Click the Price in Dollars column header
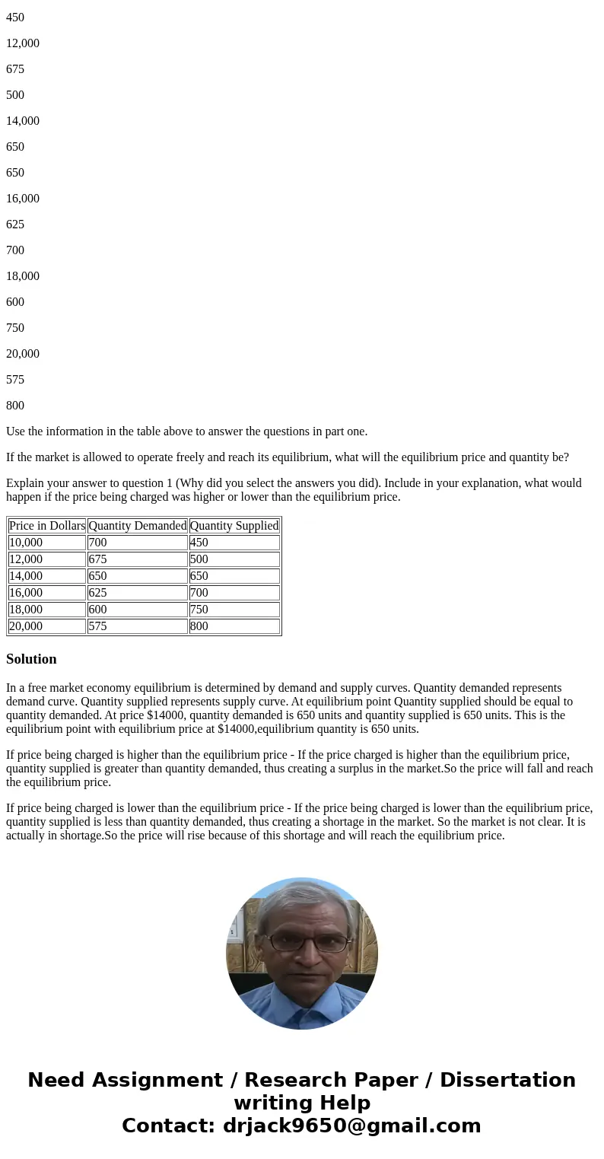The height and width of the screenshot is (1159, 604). coord(47,526)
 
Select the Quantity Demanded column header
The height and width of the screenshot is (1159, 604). coord(137,526)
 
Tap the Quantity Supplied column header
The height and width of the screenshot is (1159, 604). coord(234,526)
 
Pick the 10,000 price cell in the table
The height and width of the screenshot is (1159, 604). coord(26,543)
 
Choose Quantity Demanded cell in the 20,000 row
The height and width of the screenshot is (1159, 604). coord(97,626)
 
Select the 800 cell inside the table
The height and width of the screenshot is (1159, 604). coord(199,626)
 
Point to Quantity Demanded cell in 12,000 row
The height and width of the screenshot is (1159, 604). coord(97,559)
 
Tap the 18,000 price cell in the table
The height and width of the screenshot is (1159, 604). coord(26,610)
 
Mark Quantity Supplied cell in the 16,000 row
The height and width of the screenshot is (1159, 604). coord(199,593)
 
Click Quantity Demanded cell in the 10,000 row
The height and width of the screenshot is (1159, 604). coord(97,543)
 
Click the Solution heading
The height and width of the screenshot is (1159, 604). coord(31,659)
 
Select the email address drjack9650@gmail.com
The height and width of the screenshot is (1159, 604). coord(352,1126)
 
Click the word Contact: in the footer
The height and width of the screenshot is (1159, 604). coord(169,1126)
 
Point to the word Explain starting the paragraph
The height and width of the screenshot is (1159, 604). coord(26,483)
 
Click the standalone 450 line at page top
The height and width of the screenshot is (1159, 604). coord(15,18)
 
